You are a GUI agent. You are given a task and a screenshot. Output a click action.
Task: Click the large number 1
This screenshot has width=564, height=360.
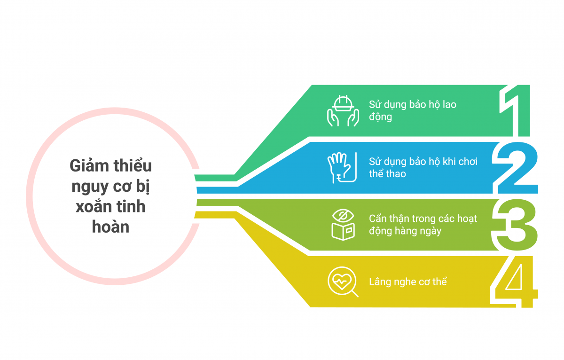(516, 110)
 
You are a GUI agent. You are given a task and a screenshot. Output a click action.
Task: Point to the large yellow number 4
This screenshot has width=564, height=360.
(514, 282)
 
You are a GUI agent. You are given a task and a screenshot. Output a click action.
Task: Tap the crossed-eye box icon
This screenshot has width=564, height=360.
(343, 225)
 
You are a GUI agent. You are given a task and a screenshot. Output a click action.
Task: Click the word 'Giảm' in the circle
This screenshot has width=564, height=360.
(89, 166)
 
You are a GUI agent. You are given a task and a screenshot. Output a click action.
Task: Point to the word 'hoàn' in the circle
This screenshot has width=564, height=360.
(110, 227)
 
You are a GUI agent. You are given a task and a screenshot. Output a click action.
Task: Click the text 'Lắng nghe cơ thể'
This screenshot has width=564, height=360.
(407, 282)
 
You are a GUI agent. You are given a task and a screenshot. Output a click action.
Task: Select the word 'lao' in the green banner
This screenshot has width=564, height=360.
(449, 104)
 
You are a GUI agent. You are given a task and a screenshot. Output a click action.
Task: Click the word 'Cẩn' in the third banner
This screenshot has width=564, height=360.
(379, 219)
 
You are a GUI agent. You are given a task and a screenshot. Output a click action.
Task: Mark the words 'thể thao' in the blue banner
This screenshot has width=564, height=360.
(387, 174)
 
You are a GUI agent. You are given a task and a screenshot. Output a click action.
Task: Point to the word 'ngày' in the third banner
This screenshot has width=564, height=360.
(431, 231)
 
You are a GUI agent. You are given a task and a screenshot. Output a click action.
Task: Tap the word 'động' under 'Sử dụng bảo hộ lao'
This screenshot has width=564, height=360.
(380, 117)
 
